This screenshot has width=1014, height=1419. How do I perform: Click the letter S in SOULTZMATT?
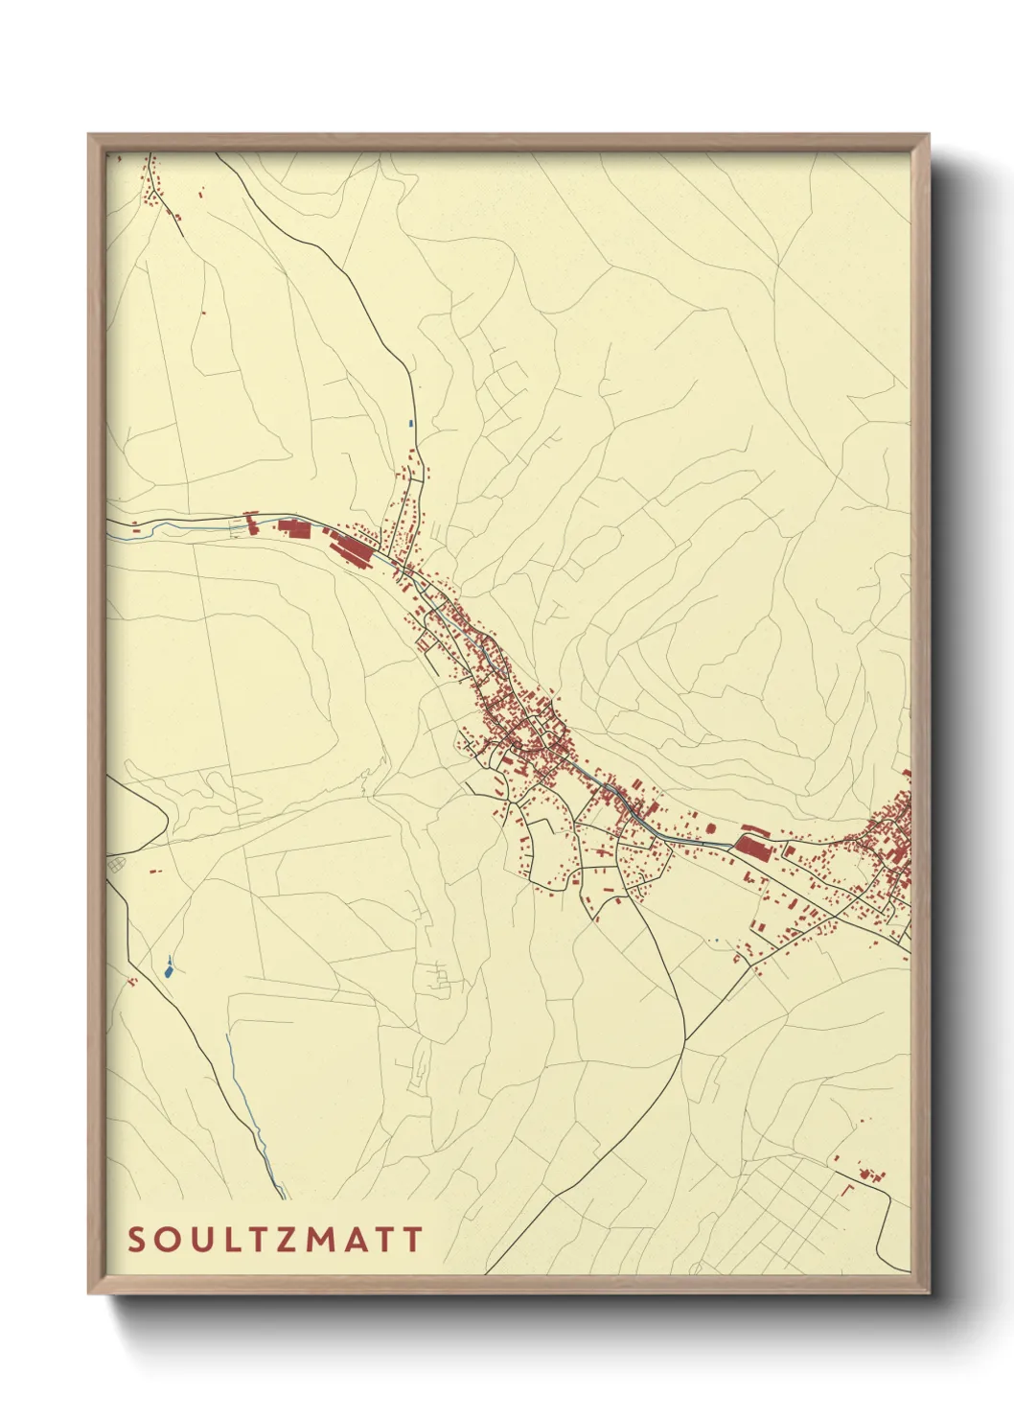pyautogui.click(x=136, y=1240)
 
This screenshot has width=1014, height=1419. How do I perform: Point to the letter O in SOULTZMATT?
pyautogui.click(x=166, y=1240)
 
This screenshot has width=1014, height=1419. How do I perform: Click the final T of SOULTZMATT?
pyautogui.click(x=412, y=1240)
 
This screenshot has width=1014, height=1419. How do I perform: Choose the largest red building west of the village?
pyautogui.click(x=353, y=549)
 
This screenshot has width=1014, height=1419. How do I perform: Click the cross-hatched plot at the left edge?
pyautogui.click(x=116, y=865)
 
